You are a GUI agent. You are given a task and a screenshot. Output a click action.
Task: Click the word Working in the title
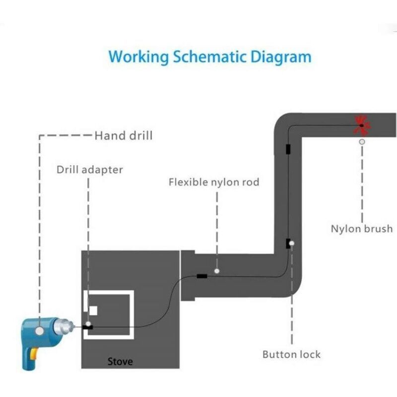139,57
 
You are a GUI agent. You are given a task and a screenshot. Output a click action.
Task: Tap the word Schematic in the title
209,57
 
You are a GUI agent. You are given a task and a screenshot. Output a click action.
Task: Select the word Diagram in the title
281,57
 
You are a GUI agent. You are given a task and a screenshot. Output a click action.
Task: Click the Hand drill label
124,135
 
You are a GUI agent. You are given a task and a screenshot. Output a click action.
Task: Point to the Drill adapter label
90,170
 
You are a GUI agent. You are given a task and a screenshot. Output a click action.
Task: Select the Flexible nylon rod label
214,182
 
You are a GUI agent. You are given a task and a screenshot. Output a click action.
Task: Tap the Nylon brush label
362,229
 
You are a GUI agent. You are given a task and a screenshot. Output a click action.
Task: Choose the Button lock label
291,354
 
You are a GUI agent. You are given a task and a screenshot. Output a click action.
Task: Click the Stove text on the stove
120,361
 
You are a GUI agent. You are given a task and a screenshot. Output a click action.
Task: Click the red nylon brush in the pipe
362,125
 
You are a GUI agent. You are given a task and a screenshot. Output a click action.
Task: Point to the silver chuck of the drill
64,327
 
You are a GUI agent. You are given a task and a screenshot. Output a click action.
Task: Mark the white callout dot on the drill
40,331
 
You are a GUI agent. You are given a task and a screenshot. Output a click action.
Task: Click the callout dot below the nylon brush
362,142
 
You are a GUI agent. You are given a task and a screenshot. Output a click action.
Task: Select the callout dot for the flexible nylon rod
217,271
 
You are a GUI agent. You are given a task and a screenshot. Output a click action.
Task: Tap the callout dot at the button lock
292,243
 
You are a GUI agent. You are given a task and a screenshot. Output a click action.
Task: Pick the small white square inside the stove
93,311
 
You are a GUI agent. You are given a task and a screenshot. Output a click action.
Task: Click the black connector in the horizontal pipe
202,276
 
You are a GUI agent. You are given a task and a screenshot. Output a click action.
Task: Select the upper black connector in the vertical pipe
288,149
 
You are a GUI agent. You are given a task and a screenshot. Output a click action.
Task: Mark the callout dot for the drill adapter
88,324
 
